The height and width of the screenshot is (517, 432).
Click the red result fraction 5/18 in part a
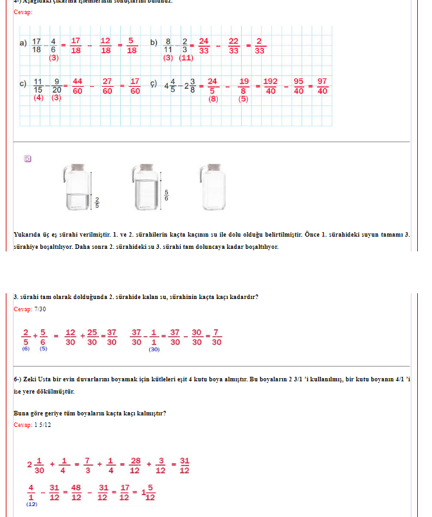point(131,46)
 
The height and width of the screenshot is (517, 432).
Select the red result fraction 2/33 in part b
point(259,46)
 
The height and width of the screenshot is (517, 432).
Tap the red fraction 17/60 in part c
point(134,86)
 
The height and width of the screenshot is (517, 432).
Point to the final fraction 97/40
point(322,86)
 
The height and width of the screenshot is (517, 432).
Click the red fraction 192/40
point(270,86)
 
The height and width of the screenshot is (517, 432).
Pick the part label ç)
point(154,84)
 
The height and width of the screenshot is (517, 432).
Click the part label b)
point(154,42)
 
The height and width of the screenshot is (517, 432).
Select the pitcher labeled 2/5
point(79,187)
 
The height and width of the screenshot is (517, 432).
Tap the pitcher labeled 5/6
point(147,187)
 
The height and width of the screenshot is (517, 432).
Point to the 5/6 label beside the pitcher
point(166,195)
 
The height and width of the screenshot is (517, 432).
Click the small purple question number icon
point(28,158)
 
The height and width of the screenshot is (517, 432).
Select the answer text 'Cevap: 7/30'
point(30,309)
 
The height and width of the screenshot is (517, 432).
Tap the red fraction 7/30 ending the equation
point(217,337)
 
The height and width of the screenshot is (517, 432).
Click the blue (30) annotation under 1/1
point(154,350)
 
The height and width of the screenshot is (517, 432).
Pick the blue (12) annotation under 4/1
point(31,504)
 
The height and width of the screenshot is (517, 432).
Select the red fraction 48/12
point(76,492)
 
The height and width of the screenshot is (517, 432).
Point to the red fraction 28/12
point(135,464)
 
